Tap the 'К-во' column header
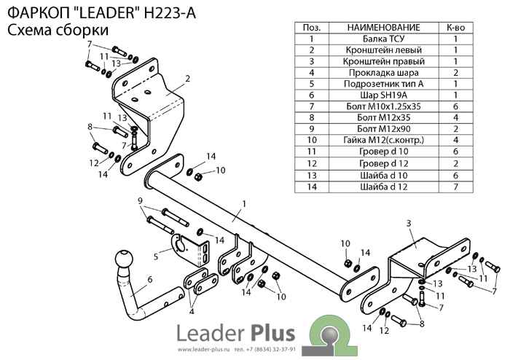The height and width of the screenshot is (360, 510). coord(455,27)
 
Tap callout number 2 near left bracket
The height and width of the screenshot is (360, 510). coord(187,79)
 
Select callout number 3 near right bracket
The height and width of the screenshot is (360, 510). coord(409,222)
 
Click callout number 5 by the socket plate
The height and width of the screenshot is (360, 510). coord(156,256)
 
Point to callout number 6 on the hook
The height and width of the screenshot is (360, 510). coord(149,278)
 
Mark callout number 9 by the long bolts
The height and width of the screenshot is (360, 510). coord(140,200)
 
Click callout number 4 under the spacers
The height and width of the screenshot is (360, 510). coord(192,311)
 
